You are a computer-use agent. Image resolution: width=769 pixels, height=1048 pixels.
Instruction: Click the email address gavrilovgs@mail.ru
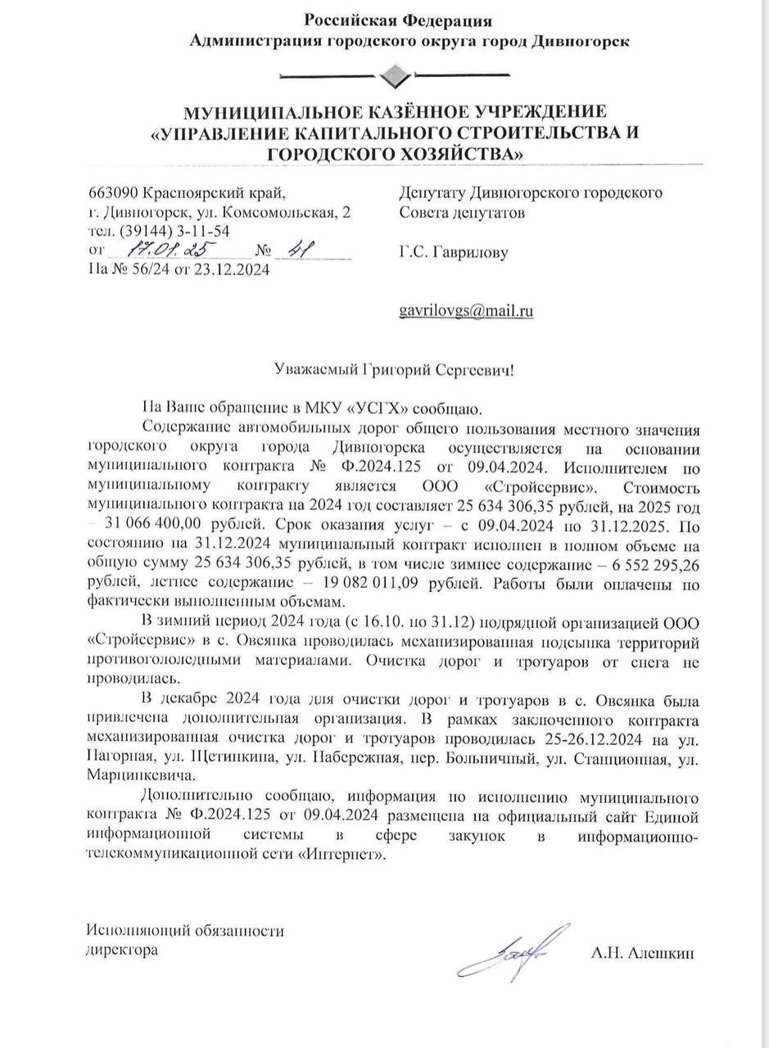[x=465, y=311]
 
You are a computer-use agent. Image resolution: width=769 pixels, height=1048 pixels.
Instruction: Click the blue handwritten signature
[x=514, y=953]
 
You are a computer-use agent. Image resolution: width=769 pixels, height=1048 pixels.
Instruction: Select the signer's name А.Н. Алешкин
[x=642, y=953]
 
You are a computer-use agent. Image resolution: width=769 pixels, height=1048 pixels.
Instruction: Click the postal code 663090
[x=113, y=193]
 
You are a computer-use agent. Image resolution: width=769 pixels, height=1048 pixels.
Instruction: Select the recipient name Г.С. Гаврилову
[x=453, y=253]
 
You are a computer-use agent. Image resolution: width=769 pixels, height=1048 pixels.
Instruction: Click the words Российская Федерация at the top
[x=398, y=20]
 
